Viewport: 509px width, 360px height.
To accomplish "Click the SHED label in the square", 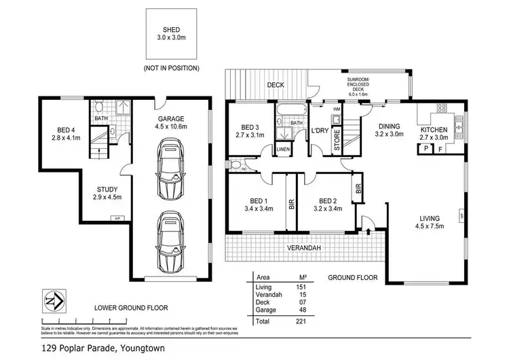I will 171,30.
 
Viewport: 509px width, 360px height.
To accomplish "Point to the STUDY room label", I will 108,193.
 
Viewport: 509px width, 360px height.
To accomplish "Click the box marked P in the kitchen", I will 426,148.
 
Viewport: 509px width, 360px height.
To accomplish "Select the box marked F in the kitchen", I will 440,148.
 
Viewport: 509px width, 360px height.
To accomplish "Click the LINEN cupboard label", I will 283,149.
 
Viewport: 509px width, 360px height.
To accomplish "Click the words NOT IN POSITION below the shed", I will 171,69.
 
